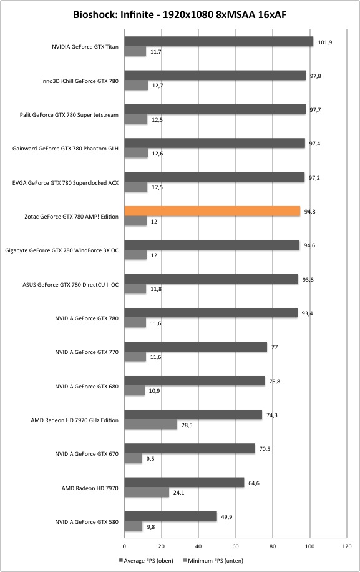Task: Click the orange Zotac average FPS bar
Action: [212, 211]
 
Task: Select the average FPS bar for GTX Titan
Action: [219, 42]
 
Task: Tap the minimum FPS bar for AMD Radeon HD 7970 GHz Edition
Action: [151, 425]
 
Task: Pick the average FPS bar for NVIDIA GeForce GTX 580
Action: [171, 516]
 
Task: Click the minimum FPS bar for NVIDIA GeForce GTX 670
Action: [134, 458]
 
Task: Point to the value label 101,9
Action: [325, 42]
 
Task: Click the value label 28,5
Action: [187, 425]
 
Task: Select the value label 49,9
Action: [226, 517]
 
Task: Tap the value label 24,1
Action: [178, 493]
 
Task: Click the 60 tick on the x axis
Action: [236, 546]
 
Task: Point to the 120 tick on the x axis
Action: [347, 546]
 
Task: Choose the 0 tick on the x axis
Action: [125, 546]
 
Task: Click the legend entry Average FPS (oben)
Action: [146, 560]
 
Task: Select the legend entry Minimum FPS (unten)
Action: [213, 560]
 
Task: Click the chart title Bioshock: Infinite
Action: [114, 14]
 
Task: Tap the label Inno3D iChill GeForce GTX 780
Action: [80, 81]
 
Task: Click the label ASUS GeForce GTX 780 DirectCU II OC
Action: [71, 285]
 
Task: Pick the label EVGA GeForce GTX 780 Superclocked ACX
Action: [66, 183]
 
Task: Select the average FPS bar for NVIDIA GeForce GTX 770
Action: [196, 347]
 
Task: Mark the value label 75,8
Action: [275, 381]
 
